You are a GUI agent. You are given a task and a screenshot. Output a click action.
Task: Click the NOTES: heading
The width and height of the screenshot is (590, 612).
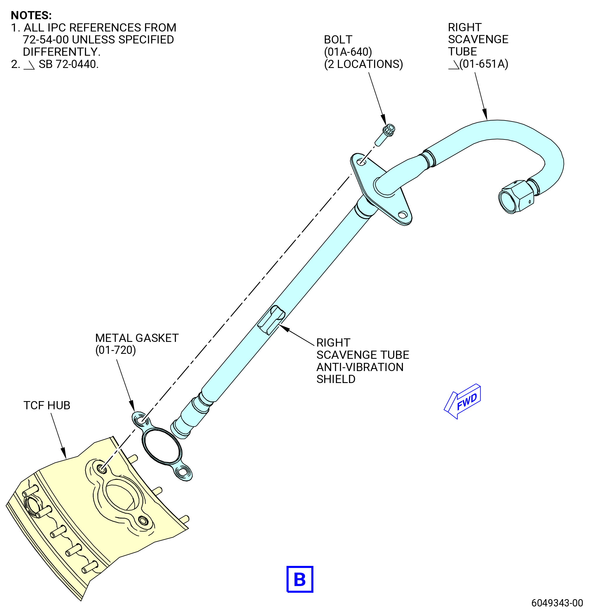[31, 15]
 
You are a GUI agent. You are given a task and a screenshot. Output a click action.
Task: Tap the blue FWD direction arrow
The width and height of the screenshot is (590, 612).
[462, 401]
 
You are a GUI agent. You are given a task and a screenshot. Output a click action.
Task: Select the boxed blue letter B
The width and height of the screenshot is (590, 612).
[300, 579]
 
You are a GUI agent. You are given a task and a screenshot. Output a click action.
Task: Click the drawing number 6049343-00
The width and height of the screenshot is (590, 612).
[557, 603]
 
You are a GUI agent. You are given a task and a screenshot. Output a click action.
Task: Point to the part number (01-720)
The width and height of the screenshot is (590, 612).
[116, 350]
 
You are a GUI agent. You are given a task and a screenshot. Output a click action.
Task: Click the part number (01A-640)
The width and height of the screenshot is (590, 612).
[348, 52]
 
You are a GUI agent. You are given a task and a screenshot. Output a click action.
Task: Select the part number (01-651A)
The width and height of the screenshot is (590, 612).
[484, 64]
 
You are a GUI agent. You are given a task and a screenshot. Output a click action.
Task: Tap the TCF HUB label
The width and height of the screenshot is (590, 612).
[47, 405]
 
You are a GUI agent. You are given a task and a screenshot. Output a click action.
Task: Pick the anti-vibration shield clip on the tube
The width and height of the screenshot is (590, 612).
[271, 320]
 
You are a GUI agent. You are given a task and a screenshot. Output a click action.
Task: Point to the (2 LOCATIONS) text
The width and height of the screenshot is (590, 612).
[364, 64]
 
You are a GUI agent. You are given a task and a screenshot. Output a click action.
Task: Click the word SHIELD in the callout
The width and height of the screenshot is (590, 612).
[336, 379]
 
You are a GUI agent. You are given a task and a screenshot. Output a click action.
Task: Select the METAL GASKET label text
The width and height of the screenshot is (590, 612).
[137, 338]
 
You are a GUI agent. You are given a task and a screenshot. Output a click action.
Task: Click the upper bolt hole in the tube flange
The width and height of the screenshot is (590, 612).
[361, 162]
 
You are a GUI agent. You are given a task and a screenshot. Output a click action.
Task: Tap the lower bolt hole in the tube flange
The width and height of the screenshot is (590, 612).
[403, 215]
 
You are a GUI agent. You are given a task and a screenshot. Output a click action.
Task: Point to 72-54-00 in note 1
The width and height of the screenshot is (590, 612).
[46, 40]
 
